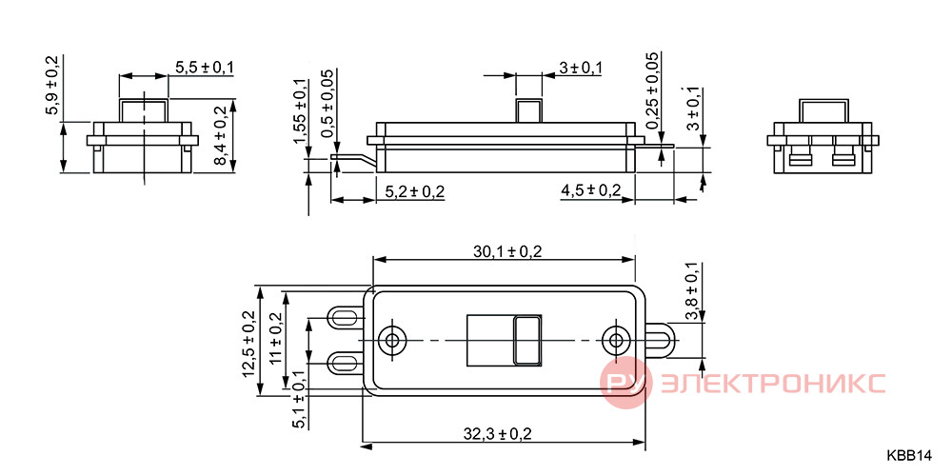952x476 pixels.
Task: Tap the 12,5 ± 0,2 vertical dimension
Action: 249,344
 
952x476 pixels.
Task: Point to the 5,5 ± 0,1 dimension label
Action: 205,68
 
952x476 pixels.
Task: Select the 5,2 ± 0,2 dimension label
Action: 415,192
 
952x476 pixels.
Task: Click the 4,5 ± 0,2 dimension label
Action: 591,190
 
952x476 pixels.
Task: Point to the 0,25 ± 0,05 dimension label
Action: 653,90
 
